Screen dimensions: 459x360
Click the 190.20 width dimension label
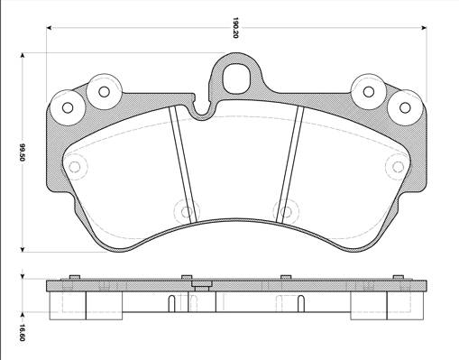(x=235, y=28)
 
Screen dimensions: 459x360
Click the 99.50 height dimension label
(x=22, y=152)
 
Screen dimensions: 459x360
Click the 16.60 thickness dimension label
(x=22, y=333)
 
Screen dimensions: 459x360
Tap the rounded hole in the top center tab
(x=236, y=78)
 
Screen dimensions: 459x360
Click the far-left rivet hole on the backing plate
(x=68, y=107)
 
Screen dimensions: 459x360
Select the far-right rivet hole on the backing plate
(x=405, y=107)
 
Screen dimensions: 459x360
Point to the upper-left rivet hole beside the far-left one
(x=104, y=92)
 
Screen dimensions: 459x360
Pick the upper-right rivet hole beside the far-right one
(x=369, y=91)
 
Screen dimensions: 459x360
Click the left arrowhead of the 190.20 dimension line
(x=50, y=28)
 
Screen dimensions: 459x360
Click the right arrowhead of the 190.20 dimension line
(x=424, y=28)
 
